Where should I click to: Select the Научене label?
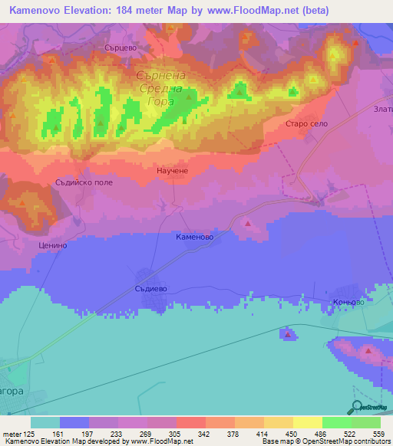(x=172, y=173)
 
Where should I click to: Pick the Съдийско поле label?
(x=84, y=182)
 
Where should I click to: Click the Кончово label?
(x=348, y=303)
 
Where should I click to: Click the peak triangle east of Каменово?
(x=247, y=223)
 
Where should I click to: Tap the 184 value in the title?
(x=144, y=11)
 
